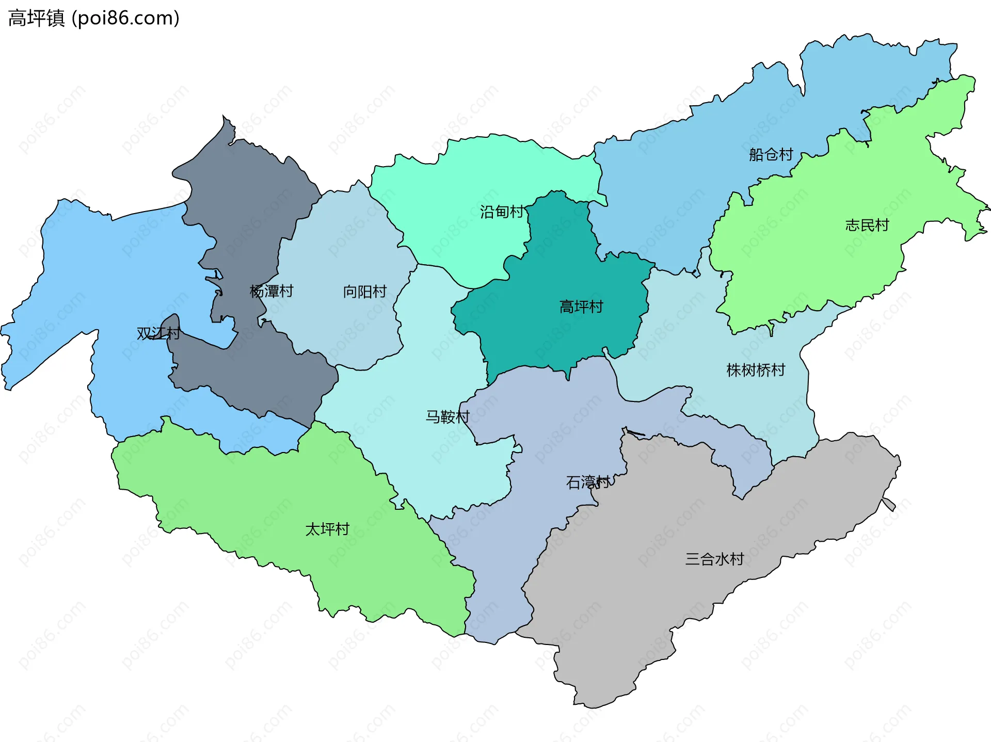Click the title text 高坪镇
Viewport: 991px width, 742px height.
[x=36, y=18]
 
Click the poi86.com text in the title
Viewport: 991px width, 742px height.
[x=125, y=18]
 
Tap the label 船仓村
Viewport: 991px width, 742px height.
[x=771, y=154]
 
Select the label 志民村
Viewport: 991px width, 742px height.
[x=867, y=225]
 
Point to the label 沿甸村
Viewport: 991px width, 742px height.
[x=502, y=212]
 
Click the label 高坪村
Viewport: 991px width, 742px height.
[x=581, y=307]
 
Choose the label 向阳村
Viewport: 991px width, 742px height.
[x=365, y=292]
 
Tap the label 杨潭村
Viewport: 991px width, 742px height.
[x=271, y=291]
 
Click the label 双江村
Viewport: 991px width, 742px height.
[x=158, y=333]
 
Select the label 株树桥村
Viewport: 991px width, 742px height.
[x=756, y=370]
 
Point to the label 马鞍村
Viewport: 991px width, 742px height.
[x=447, y=416]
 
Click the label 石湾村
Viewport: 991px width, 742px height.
[x=588, y=482]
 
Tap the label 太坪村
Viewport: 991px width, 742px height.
[x=327, y=529]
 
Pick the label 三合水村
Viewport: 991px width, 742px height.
[x=714, y=559]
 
